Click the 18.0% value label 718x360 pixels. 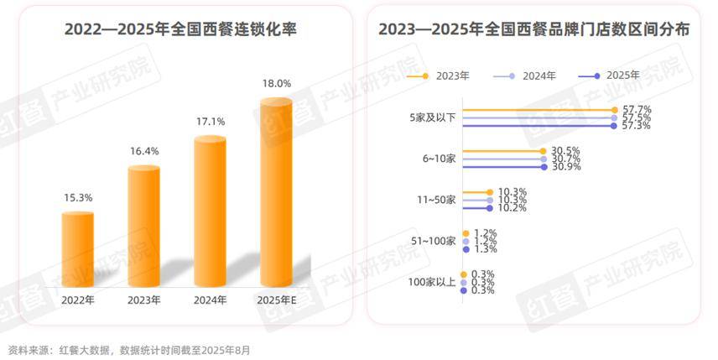pyautogui.click(x=277, y=83)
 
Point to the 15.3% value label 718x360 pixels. pyautogui.click(x=78, y=198)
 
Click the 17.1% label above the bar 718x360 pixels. pyautogui.click(x=211, y=122)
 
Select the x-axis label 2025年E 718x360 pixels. pyautogui.click(x=277, y=300)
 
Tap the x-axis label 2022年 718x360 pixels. pyautogui.click(x=78, y=300)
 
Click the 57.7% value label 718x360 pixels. pyautogui.click(x=637, y=110)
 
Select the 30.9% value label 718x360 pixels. pyautogui.click(x=567, y=167)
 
